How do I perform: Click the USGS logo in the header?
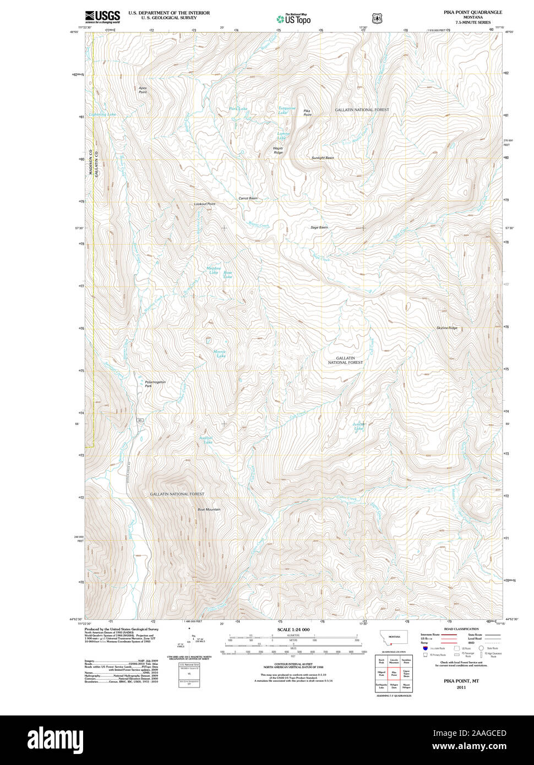coord(102,16)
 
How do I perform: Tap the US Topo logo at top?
coord(293,19)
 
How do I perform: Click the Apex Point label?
coord(143,90)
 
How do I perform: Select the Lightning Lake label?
coord(102,114)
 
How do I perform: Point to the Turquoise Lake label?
coord(286,110)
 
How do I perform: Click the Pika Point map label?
coord(307,112)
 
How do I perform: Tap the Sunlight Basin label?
coord(323,158)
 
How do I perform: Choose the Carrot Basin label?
coord(248,198)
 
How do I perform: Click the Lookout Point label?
coord(205,204)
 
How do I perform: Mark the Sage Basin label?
coord(319,227)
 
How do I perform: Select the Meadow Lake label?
coord(212,270)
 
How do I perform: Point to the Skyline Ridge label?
coord(446,328)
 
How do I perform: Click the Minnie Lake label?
coord(220,354)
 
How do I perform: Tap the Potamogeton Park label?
coord(155,384)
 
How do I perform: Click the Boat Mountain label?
coord(209,510)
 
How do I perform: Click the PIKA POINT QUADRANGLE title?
coord(473,12)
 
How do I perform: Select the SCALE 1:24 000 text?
coord(293,630)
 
